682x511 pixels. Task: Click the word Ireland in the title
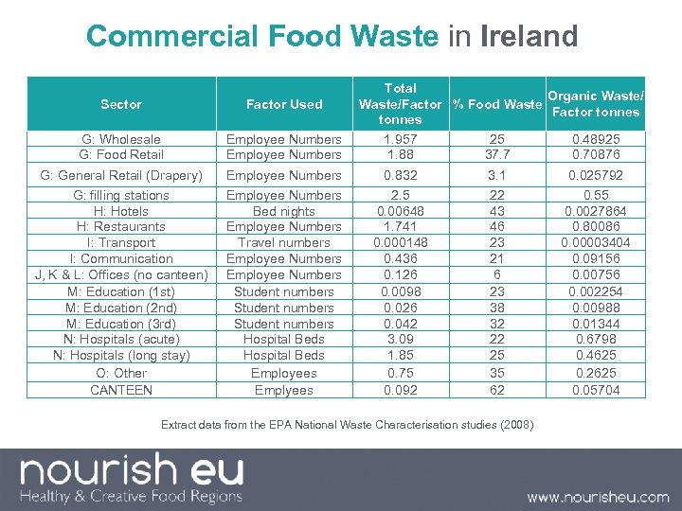pyautogui.click(x=529, y=36)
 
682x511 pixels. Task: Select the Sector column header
pyautogui.click(x=121, y=104)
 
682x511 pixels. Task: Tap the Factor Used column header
pyautogui.click(x=284, y=104)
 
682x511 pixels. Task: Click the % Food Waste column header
pyautogui.click(x=496, y=104)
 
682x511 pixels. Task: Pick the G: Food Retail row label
pyautogui.click(x=121, y=154)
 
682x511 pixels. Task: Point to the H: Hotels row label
pyautogui.click(x=121, y=211)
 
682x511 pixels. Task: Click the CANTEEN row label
pyautogui.click(x=121, y=389)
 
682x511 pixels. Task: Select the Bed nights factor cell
pyautogui.click(x=284, y=211)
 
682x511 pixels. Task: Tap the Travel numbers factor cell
pyautogui.click(x=284, y=242)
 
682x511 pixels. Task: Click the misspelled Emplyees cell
pyautogui.click(x=284, y=389)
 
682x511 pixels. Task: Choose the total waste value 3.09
pyautogui.click(x=400, y=339)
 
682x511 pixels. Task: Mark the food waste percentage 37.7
pyautogui.click(x=497, y=154)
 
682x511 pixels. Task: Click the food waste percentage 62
pyautogui.click(x=497, y=389)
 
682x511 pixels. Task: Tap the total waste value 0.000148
pyautogui.click(x=400, y=242)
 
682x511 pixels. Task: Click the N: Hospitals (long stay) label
pyautogui.click(x=121, y=355)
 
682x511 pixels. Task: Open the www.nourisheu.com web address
pyautogui.click(x=598, y=497)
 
